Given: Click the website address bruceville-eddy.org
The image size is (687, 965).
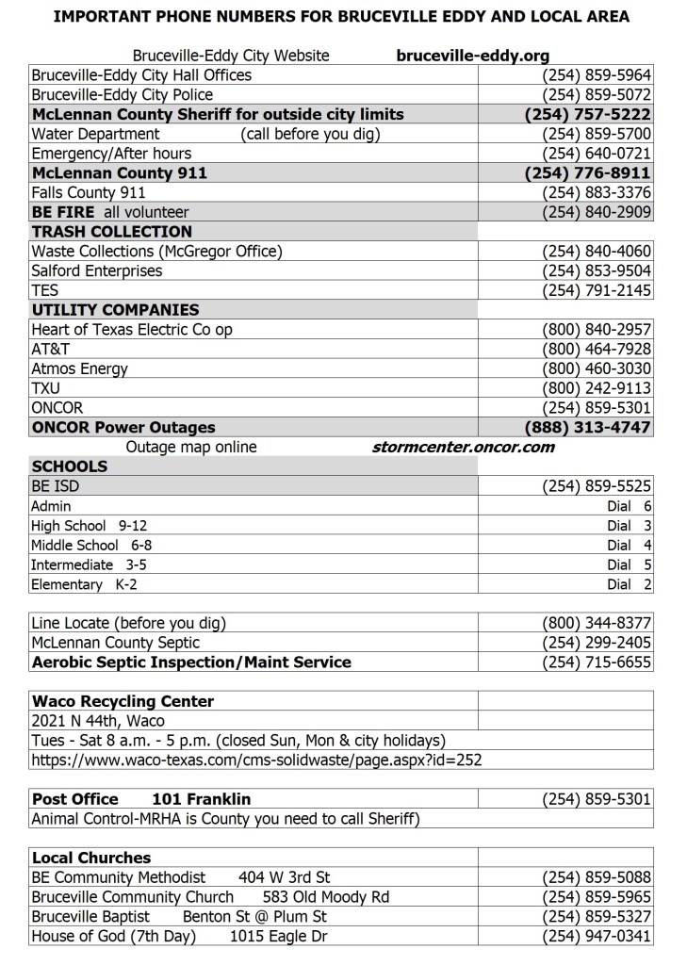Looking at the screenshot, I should (x=472, y=56).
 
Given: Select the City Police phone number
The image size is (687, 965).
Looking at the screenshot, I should (x=597, y=94).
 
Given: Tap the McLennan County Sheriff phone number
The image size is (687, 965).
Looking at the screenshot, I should (x=587, y=114).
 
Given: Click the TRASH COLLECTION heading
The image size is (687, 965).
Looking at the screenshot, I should (x=111, y=232).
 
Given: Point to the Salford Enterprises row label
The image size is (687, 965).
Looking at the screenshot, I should (x=96, y=270).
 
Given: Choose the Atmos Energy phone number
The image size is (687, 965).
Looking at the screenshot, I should (x=597, y=368).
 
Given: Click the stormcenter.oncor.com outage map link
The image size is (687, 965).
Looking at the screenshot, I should (x=464, y=447).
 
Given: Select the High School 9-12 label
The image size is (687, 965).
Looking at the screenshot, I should (x=89, y=526).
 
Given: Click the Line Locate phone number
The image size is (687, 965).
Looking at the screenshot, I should (x=597, y=623).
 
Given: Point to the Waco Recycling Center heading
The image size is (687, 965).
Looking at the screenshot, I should (x=123, y=701).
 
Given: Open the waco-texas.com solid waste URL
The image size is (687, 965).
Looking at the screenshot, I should (x=256, y=760).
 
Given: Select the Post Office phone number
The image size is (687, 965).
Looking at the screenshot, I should (x=597, y=799).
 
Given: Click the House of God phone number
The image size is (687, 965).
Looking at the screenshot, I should (x=597, y=936).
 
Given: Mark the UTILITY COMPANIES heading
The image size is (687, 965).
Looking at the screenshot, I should (x=115, y=310).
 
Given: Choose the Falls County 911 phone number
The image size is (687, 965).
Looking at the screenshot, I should (x=597, y=192).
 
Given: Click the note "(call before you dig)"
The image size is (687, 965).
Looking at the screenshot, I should (x=310, y=134).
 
